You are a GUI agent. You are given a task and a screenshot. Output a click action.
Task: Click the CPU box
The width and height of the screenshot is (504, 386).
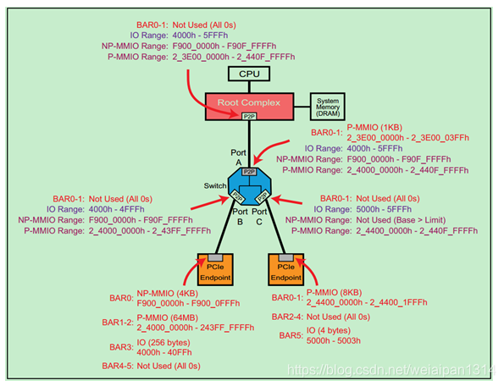click(x=248, y=74)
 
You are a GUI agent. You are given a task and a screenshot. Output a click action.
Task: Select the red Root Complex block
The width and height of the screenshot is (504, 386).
click(x=247, y=105)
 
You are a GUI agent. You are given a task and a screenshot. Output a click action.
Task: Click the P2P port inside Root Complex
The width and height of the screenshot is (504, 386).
click(x=249, y=116)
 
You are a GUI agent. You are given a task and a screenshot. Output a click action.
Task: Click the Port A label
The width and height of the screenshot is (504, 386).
click(x=239, y=158)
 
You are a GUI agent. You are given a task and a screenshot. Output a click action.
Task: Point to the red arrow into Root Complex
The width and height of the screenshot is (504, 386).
click(x=203, y=89)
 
